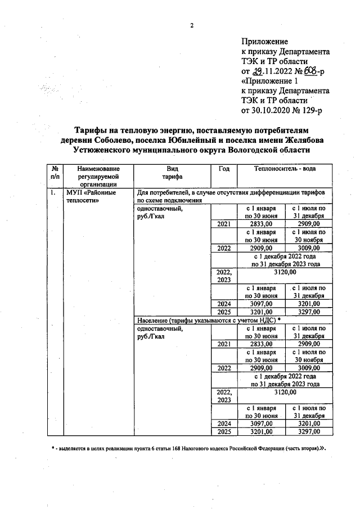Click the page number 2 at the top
[191, 25]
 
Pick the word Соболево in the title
[114, 140]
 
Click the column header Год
[223, 169]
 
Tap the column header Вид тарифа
[172, 173]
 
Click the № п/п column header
[55, 173]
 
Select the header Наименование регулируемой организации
[98, 176]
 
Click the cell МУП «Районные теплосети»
[91, 196]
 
